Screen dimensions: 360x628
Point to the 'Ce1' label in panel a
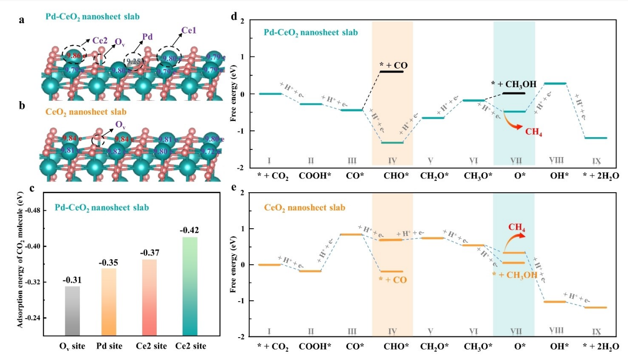point(190,31)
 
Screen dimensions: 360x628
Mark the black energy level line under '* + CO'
point(392,72)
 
